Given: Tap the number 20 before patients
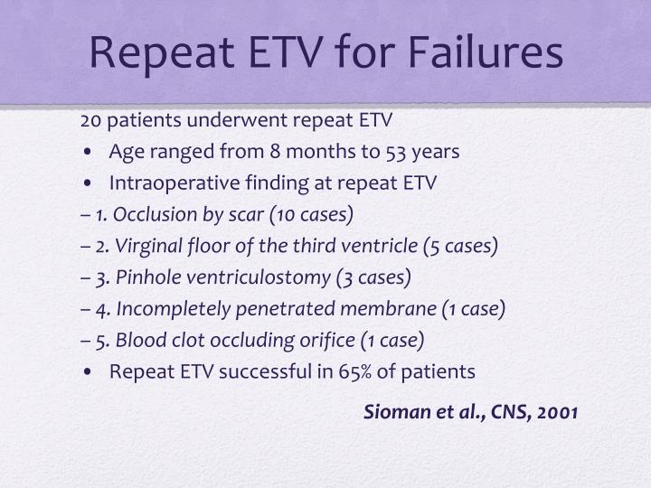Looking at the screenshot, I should pos(90,120).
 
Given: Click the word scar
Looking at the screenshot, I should pos(248,214).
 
